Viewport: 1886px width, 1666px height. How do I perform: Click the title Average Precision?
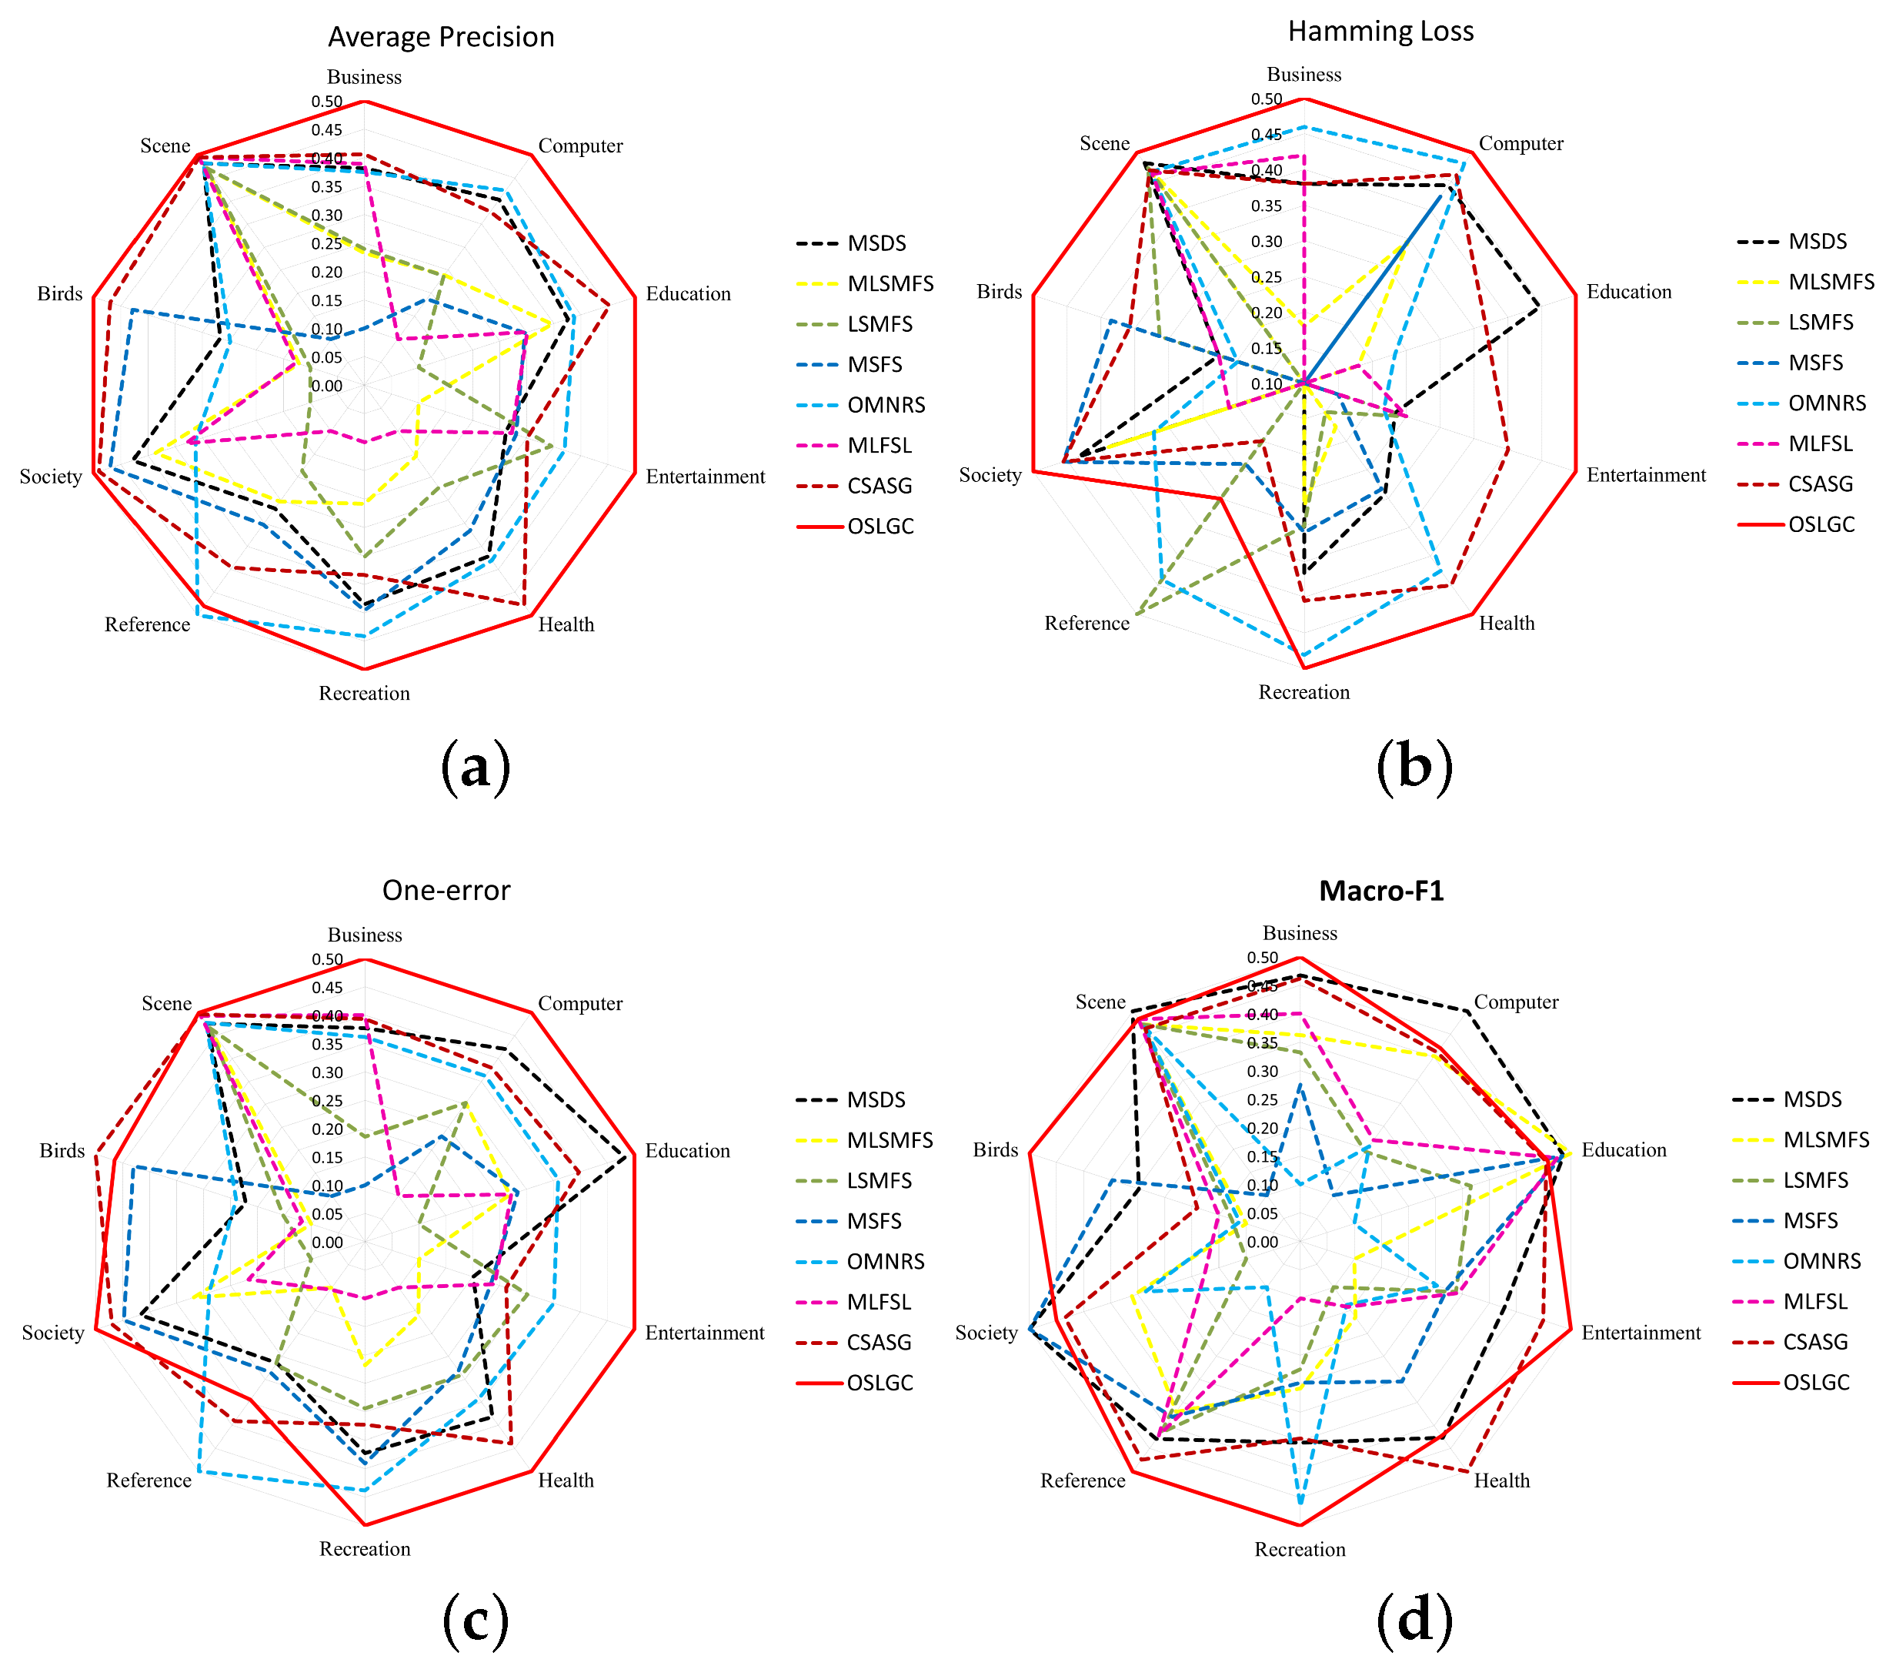[441, 37]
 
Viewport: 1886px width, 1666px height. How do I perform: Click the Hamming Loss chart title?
[1380, 32]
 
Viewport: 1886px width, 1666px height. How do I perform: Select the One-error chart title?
[446, 890]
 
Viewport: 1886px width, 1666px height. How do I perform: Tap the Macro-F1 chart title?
[1380, 890]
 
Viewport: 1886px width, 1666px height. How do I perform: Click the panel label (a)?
[476, 766]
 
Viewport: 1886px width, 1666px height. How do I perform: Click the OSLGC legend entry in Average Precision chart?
[880, 526]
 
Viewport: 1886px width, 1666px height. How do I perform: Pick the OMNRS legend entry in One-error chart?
[885, 1261]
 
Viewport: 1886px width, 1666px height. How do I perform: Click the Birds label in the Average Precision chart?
[60, 293]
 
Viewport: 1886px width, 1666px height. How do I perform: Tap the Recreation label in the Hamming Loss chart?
[1304, 692]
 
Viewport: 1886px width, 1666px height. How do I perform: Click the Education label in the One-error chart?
[687, 1150]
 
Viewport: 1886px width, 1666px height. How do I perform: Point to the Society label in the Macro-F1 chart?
[986, 1332]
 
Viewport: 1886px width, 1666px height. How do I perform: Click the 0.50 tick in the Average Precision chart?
[326, 102]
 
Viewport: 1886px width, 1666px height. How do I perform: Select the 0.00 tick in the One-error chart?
[326, 1243]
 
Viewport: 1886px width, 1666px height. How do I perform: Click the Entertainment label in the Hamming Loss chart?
[1646, 474]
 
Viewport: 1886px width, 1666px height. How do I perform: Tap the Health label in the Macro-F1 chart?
[1501, 1480]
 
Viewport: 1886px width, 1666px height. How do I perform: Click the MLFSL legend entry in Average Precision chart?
[880, 445]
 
